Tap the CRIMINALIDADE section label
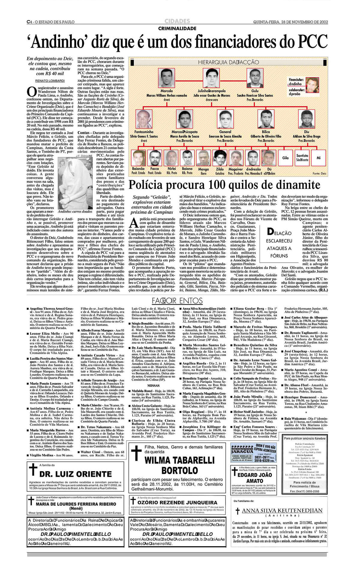click(x=177, y=29)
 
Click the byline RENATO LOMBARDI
click(x=50, y=81)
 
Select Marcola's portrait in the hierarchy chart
click(x=167, y=78)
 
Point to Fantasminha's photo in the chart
click(x=144, y=119)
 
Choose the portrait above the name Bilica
click(x=266, y=119)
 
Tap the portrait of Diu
click(x=307, y=119)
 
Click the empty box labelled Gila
click(x=285, y=158)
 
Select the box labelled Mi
click(x=318, y=158)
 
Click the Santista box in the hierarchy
click(x=302, y=158)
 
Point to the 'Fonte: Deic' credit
click(x=319, y=173)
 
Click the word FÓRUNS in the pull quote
click(x=279, y=256)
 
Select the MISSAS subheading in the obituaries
click(x=153, y=385)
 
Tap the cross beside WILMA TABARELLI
click(x=136, y=453)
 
